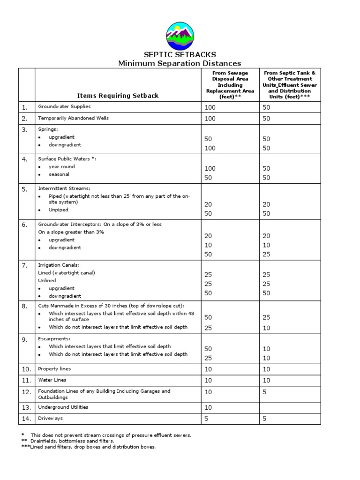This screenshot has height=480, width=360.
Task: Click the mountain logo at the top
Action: (x=180, y=35)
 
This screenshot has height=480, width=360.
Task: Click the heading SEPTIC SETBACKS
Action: (x=180, y=54)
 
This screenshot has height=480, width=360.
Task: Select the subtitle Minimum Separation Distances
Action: (x=180, y=63)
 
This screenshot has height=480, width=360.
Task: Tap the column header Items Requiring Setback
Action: (x=118, y=96)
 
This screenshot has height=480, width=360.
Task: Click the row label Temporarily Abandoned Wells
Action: (x=73, y=119)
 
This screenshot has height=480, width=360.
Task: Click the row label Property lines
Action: (x=55, y=369)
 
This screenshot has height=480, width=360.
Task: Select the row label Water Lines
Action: (x=52, y=380)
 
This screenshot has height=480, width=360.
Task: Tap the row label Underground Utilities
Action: (x=63, y=407)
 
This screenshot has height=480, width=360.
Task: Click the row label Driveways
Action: (x=50, y=418)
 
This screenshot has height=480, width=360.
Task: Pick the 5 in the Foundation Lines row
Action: (x=265, y=391)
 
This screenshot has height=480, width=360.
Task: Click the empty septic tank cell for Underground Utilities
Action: (x=290, y=407)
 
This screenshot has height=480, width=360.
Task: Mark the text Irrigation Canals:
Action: (x=59, y=265)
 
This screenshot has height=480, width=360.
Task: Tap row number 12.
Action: (x=26, y=392)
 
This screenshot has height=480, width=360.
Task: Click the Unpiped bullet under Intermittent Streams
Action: (x=59, y=210)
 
